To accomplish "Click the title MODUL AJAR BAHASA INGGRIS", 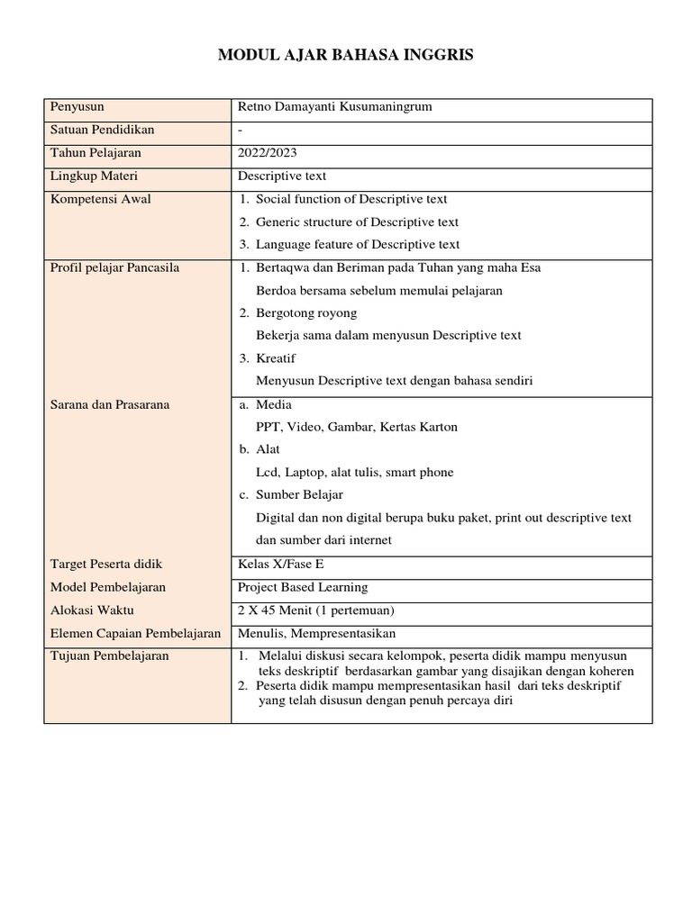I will (x=345, y=56).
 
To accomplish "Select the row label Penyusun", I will (x=77, y=107).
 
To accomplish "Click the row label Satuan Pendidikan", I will (x=103, y=131).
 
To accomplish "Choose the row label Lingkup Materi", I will (x=95, y=176).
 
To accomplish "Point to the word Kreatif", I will (x=277, y=358).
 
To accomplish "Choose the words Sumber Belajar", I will (x=299, y=494).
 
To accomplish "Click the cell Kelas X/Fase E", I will (x=279, y=564).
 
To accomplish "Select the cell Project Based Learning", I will (x=303, y=587).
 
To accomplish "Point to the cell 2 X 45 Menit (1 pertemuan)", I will (x=315, y=610).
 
